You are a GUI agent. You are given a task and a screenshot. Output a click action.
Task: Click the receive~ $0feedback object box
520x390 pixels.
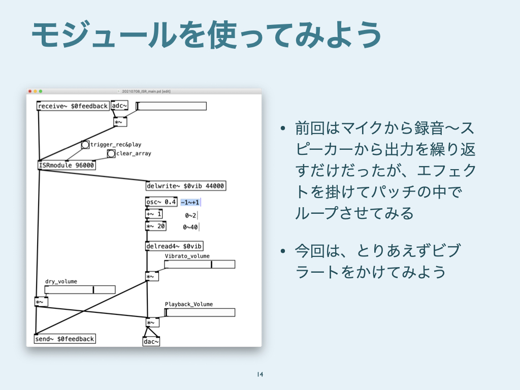pyautogui.click(x=73, y=106)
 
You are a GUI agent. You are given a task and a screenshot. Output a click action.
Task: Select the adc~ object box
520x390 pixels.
pyautogui.click(x=120, y=106)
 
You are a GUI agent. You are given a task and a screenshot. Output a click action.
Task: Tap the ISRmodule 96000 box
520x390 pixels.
pyautogui.click(x=67, y=165)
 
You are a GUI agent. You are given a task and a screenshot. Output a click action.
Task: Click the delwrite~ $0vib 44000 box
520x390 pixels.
pyautogui.click(x=185, y=186)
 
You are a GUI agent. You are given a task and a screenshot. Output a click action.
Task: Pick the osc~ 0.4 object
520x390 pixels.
pyautogui.click(x=161, y=202)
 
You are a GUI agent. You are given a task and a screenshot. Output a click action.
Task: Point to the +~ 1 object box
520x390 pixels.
pyautogui.click(x=154, y=214)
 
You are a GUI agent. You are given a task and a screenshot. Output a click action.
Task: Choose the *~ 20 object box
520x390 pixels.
pyautogui.click(x=155, y=226)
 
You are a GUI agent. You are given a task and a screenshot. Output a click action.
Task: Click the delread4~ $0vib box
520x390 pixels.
pyautogui.click(x=174, y=246)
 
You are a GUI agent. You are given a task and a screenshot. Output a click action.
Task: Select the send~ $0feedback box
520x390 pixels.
pyautogui.click(x=64, y=339)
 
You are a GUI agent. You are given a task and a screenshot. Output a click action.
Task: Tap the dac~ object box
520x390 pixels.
pyautogui.click(x=151, y=342)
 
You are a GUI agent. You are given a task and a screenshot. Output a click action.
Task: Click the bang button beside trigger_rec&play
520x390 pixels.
pyautogui.click(x=85, y=145)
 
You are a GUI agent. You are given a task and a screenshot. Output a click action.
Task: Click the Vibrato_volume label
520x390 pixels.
pyautogui.click(x=187, y=256)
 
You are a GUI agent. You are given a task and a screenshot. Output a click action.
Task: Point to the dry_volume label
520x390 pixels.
pyautogui.click(x=61, y=281)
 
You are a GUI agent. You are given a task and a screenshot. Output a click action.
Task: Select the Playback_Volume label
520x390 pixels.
pyautogui.click(x=189, y=304)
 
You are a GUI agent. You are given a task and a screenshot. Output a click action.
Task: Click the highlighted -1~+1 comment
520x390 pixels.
pyautogui.click(x=190, y=203)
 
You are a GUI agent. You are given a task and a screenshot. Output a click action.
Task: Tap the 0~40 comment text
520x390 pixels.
pyautogui.click(x=190, y=227)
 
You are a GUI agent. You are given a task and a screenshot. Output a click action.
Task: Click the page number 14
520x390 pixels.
pyautogui.click(x=260, y=375)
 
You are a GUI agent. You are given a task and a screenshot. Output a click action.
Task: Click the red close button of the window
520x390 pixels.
pyautogui.click(x=30, y=91)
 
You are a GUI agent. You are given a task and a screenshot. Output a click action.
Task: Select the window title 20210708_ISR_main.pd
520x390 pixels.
pyautogui.click(x=146, y=91)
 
